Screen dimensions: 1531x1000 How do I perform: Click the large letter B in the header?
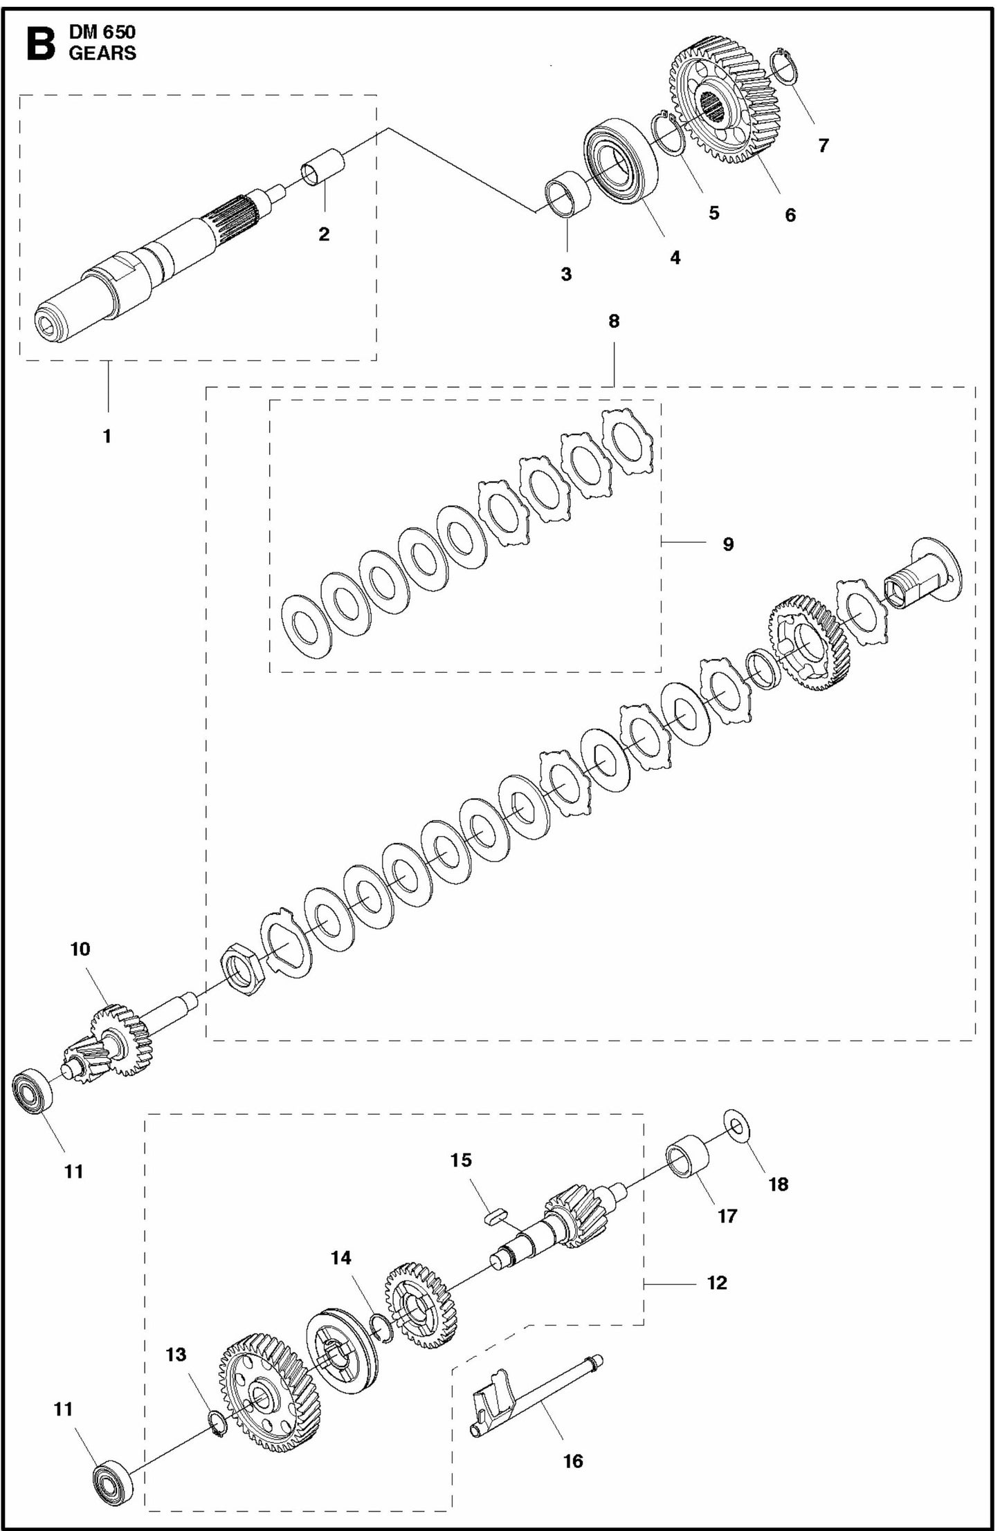click(39, 43)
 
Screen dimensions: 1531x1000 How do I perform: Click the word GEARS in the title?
click(102, 53)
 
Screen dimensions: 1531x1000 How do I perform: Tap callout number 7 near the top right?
click(823, 146)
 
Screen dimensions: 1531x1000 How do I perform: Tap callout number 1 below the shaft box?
click(107, 436)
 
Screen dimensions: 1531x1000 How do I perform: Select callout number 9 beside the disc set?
click(728, 544)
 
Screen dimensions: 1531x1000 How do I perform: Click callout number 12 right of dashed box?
click(717, 1283)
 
